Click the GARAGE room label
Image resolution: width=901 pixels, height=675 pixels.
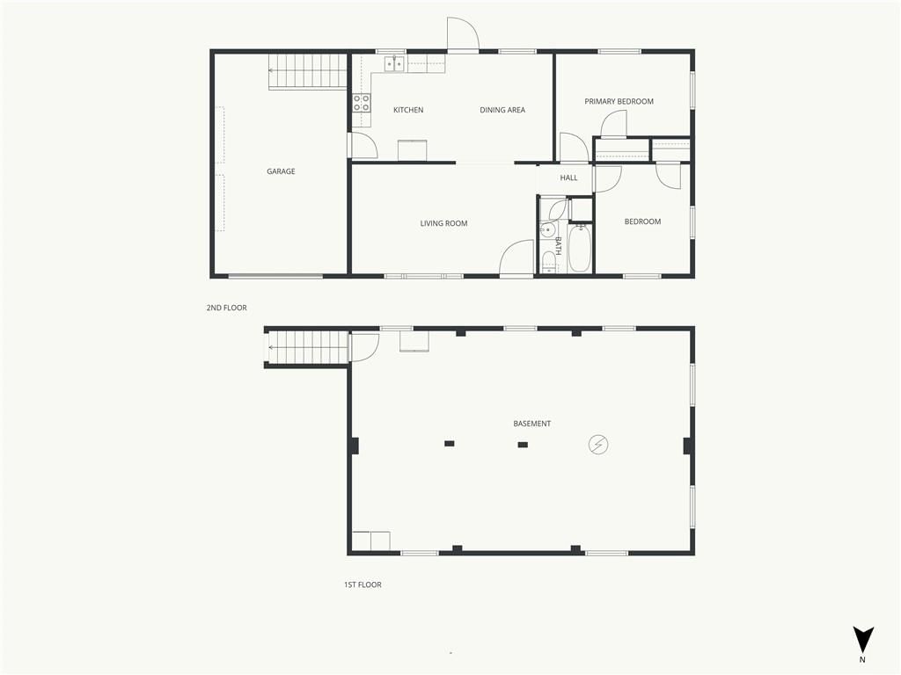coord(281,171)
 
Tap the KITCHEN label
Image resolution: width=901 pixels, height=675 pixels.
coord(408,110)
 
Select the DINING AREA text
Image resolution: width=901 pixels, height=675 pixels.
coord(502,110)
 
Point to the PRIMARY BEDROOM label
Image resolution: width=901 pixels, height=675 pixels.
coord(619,101)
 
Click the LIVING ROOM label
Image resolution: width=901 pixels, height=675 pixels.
coord(443,223)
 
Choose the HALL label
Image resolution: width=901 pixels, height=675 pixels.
coord(569,178)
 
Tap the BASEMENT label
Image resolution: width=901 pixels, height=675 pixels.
coord(532,424)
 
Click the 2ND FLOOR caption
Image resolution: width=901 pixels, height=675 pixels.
coord(226,308)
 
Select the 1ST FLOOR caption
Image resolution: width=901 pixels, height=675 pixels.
coord(363,584)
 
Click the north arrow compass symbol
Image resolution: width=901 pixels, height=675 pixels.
coord(862,639)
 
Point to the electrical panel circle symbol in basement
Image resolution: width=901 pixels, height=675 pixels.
coord(598,444)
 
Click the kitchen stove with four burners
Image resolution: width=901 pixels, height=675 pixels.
coord(362,103)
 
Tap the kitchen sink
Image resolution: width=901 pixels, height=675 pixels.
coord(394,63)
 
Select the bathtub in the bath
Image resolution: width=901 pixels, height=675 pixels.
coord(579,248)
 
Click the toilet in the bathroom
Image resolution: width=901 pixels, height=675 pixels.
coord(549,262)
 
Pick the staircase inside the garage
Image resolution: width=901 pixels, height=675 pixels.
coord(309,72)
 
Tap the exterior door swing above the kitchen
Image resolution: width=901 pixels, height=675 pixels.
coord(463,34)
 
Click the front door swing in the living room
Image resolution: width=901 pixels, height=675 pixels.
coord(516,258)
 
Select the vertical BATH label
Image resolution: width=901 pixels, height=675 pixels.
coord(558,246)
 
